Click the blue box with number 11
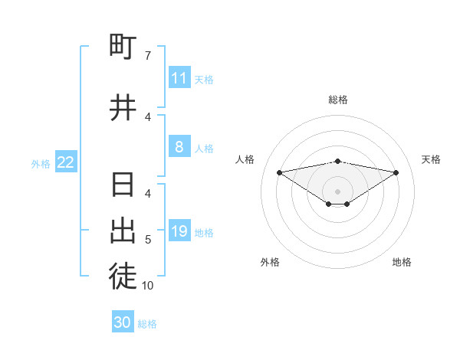pos(179,78)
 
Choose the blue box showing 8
pos(179,147)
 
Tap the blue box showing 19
pos(179,231)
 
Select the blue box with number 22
pos(66,162)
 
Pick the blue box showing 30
pos(123,322)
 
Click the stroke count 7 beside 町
pos(147,56)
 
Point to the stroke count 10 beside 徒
pos(147,286)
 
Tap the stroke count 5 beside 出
pos(147,240)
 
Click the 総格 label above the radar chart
pos(338,100)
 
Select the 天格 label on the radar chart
pos(431,159)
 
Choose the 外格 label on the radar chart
pos(270,262)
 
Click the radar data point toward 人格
pos(279,172)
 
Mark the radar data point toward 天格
pos(396,172)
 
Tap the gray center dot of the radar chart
pos(338,191)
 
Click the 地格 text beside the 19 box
pos(204,232)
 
